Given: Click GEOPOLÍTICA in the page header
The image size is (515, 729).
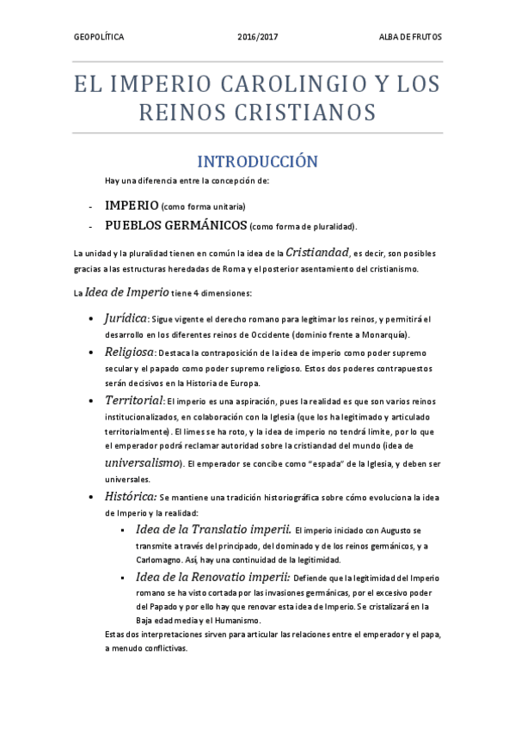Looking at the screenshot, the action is (x=99, y=38).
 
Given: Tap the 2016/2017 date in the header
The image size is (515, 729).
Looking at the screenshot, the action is (x=258, y=38).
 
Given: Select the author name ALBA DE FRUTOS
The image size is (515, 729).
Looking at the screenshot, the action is (x=410, y=38).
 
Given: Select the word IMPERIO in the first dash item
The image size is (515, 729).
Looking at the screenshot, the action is (x=132, y=206).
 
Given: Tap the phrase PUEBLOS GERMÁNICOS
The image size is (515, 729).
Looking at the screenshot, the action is (x=175, y=225).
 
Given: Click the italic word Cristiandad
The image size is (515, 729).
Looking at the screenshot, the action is (x=317, y=252).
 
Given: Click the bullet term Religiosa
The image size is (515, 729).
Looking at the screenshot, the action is (x=130, y=352).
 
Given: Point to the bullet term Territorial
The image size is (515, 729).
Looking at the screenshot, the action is (x=134, y=401).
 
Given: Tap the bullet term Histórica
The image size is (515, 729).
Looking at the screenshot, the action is (x=131, y=497).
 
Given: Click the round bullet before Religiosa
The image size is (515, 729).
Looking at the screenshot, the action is (x=94, y=352).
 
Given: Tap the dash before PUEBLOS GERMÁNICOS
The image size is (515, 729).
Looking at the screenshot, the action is (x=90, y=226).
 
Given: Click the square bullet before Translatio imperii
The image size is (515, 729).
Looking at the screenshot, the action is (x=125, y=530).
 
